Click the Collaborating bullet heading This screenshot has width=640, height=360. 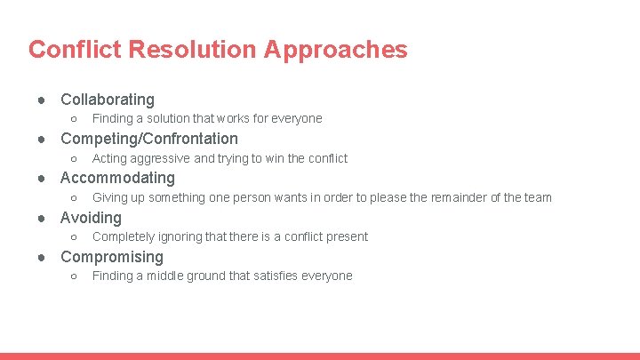point(107,100)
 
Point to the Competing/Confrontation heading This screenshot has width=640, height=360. point(148,139)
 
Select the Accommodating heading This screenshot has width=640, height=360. point(117,178)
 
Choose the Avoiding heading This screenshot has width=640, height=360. point(91,218)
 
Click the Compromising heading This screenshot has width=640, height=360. point(111,257)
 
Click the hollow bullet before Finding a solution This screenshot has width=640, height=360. point(74,119)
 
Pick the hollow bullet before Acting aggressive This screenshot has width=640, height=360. point(74,159)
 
